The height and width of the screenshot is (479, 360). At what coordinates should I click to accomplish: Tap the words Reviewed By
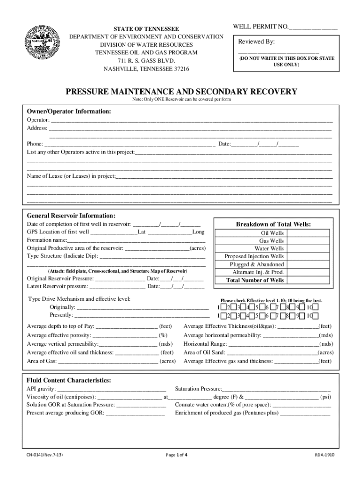tap(256, 42)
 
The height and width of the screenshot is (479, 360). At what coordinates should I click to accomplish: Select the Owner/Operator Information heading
tap(69, 111)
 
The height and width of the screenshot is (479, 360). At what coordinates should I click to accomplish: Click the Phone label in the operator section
tap(35, 144)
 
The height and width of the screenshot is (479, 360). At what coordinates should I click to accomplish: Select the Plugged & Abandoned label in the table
tap(256, 264)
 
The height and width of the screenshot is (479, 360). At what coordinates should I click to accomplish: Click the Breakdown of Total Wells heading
tap(273, 224)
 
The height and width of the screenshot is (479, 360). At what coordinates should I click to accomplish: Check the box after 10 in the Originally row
tap(316, 307)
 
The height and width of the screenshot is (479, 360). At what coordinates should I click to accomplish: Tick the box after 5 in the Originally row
tap(262, 307)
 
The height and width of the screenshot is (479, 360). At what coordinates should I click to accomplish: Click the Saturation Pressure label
tap(198, 389)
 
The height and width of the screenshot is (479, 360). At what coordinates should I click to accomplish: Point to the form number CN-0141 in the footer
tap(45, 454)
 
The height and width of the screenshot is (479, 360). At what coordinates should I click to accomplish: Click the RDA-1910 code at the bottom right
tap(324, 454)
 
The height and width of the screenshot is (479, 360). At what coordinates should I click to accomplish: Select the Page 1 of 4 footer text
tap(177, 454)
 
